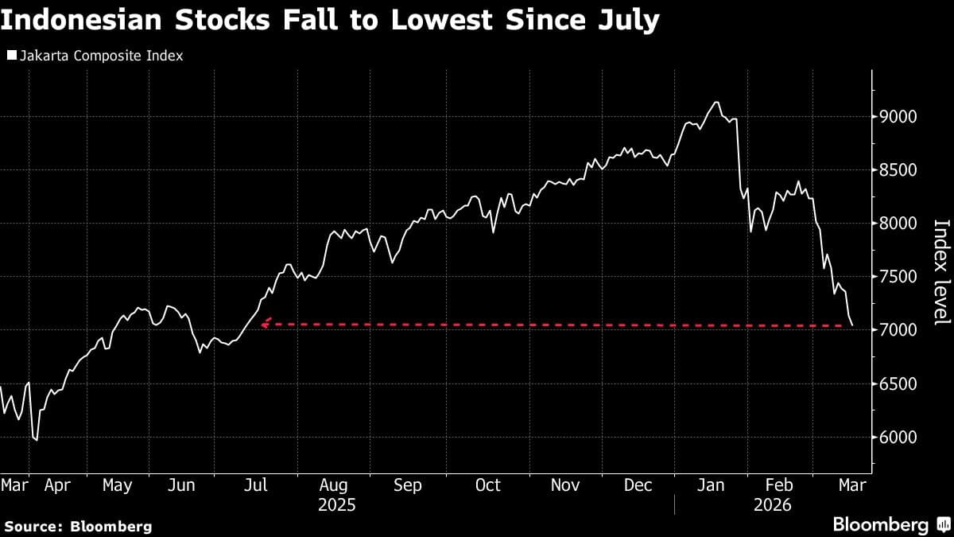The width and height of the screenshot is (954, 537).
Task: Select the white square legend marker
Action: (12, 56)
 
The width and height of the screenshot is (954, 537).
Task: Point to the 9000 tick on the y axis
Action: (897, 117)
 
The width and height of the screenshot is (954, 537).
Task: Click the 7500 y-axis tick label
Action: (897, 277)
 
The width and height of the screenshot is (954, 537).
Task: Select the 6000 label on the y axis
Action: (897, 438)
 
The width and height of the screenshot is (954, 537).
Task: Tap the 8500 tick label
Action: (897, 170)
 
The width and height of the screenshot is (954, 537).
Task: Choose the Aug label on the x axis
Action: (334, 484)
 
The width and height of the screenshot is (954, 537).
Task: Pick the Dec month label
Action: (638, 484)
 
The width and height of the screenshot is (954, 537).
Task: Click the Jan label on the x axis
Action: (711, 484)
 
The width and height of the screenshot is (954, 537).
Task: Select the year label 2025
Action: (336, 504)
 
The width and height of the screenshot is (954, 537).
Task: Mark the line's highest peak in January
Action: (716, 102)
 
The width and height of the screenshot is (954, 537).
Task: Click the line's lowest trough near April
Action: (36, 439)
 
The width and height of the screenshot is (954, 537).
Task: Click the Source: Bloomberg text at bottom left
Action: (77, 526)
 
